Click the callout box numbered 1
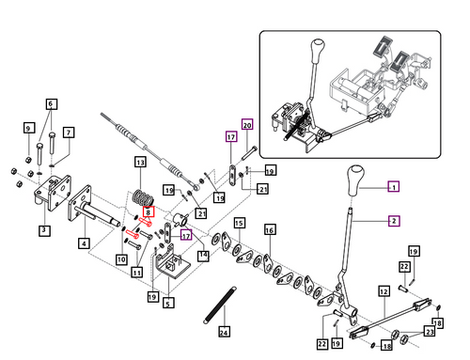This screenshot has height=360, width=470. coord(394,187)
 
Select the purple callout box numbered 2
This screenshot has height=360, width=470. coord(394,221)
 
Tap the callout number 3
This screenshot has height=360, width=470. coord(44,230)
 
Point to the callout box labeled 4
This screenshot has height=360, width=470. coord(84,243)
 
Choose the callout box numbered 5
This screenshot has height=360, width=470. coord(168,303)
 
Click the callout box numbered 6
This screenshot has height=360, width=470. coord(52,103)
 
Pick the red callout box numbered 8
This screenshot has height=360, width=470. coord(149,212)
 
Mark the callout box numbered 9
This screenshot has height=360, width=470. coord(29,128)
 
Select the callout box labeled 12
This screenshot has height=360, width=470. coord(384,291)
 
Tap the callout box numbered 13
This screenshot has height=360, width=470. coord(140,163)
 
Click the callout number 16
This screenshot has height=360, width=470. coord(270,230)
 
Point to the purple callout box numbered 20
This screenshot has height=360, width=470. coord(247,125)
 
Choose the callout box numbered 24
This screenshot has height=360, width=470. coord(224,332)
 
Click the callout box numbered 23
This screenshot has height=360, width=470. coord(430,331)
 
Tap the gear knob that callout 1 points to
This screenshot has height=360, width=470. coord(355,180)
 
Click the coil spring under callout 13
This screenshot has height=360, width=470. coord(144,197)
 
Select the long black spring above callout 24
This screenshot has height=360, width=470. coord(220,305)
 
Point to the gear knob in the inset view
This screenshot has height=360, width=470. coord(318,52)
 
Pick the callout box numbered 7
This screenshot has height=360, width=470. coord(69,133)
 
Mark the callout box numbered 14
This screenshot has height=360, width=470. coord(203,256)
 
